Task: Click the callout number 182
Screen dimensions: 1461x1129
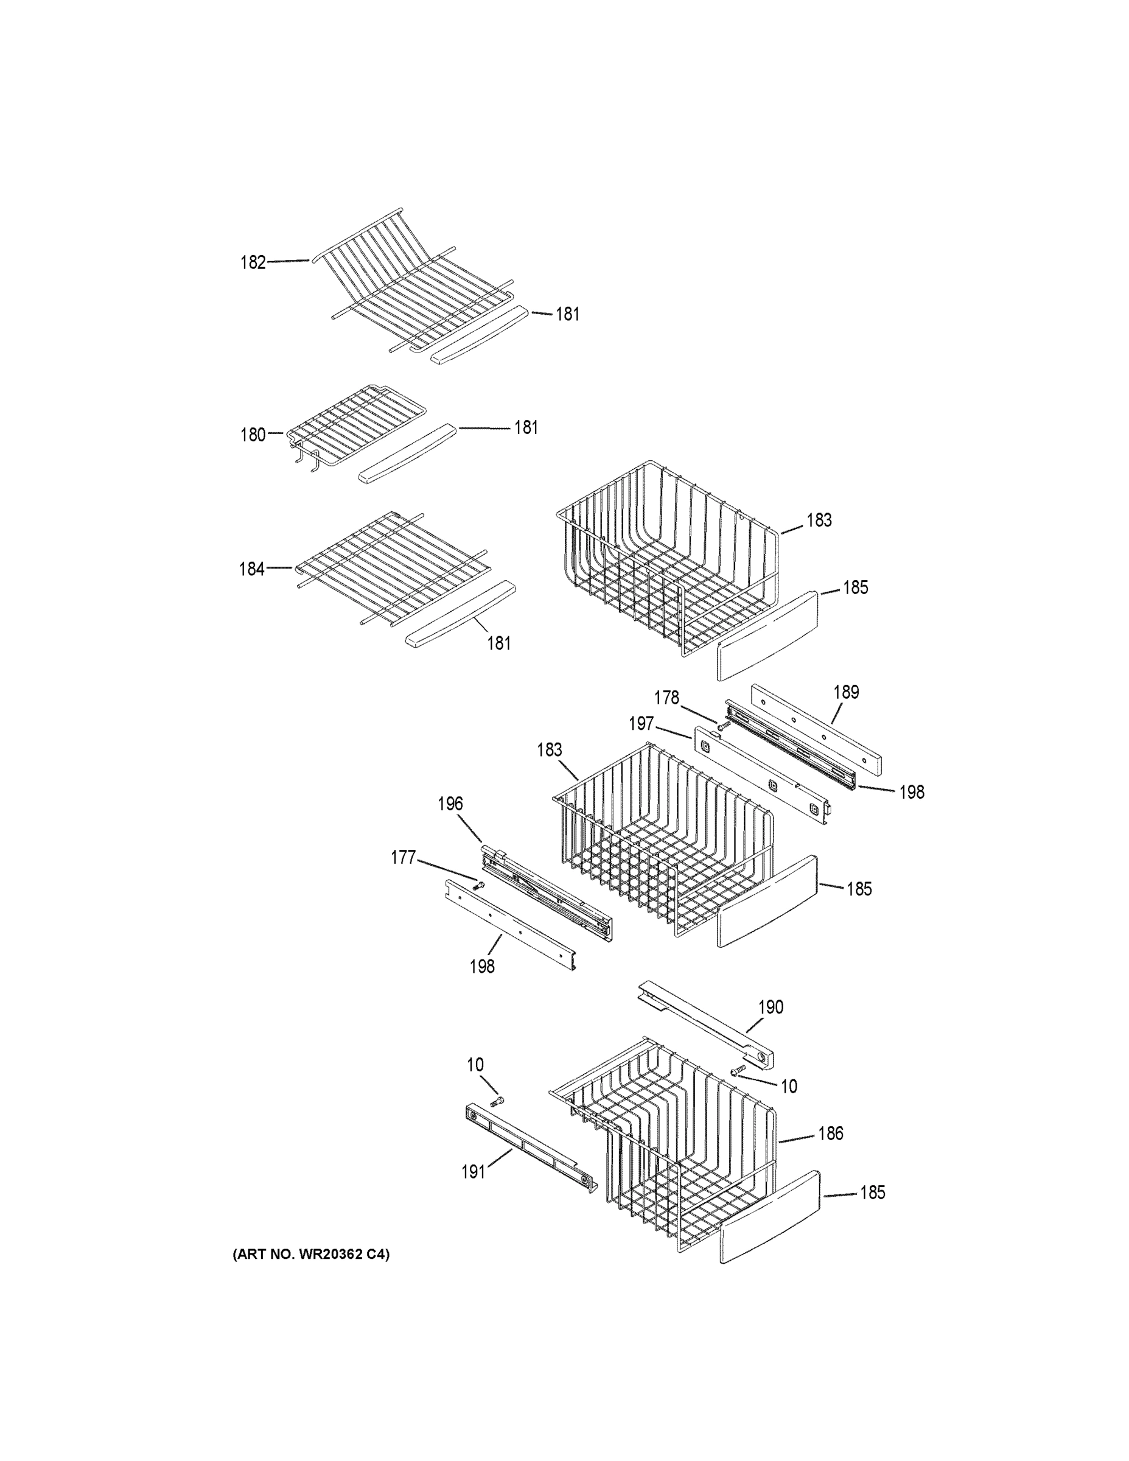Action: pyautogui.click(x=253, y=262)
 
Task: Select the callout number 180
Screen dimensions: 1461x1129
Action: pyautogui.click(x=253, y=435)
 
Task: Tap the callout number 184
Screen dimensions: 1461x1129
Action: pyautogui.click(x=252, y=569)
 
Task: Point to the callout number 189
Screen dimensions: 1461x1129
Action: pyautogui.click(x=846, y=692)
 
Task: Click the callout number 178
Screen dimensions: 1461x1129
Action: pyautogui.click(x=666, y=698)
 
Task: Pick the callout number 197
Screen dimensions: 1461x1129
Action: pyautogui.click(x=641, y=724)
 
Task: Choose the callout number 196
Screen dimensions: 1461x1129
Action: pyautogui.click(x=450, y=804)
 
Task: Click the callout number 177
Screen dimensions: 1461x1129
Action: pyautogui.click(x=404, y=858)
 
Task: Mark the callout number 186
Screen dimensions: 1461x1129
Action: pyautogui.click(x=831, y=1133)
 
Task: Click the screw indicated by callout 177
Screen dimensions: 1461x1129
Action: pyautogui.click(x=478, y=886)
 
